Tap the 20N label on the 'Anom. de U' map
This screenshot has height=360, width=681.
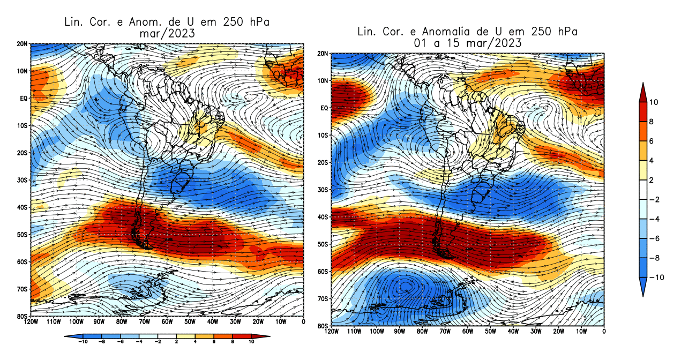22,43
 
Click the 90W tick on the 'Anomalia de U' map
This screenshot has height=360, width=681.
399,332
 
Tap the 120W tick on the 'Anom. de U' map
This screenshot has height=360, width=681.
31,322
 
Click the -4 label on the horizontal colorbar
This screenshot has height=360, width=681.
139,341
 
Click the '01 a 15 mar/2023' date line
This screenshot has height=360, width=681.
468,43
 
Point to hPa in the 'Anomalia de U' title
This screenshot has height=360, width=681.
566,32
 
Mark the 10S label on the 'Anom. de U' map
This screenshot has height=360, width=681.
22,125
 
